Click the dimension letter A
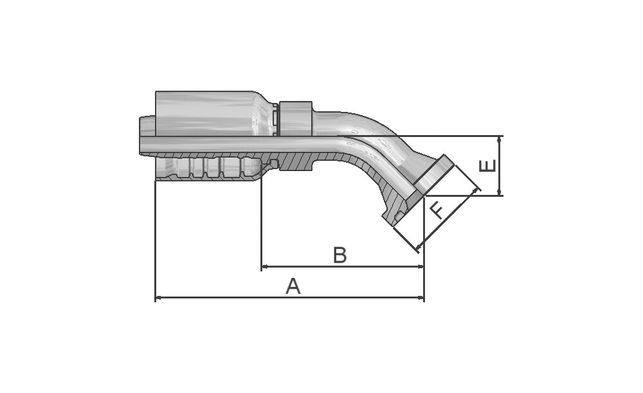(293, 286)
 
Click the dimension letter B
(340, 255)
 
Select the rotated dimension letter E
(487, 166)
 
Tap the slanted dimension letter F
(437, 210)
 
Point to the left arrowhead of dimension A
(158, 298)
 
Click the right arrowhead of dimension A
(421, 298)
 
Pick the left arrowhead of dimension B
(265, 267)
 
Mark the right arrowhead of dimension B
(421, 267)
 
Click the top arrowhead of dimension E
(499, 140)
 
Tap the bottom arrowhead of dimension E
(499, 192)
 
